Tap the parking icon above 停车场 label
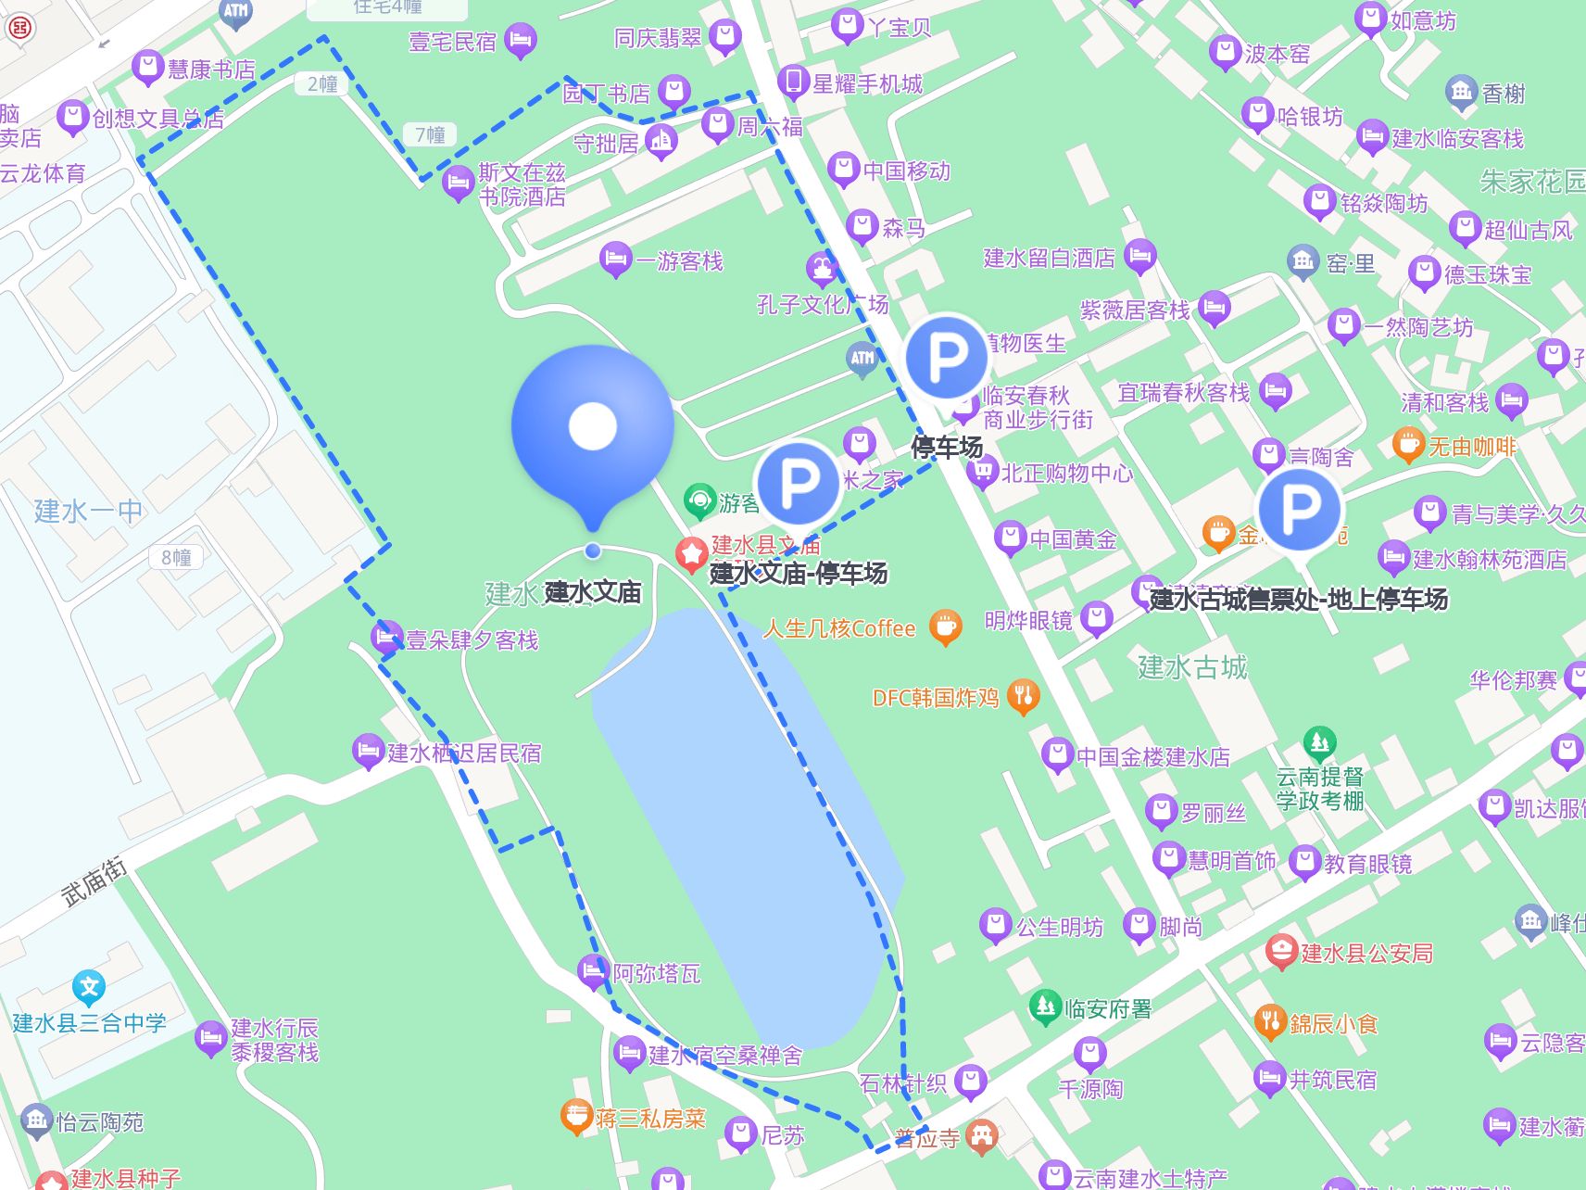(x=947, y=357)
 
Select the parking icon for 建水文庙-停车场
(x=799, y=483)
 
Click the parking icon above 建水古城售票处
(x=1299, y=509)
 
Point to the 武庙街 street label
(x=94, y=881)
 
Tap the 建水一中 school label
(x=88, y=511)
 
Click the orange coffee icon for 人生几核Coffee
(x=945, y=627)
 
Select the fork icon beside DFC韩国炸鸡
(x=1024, y=696)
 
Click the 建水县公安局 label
(x=1366, y=953)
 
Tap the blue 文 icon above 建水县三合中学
(x=89, y=987)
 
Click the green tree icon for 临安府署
(x=1045, y=1006)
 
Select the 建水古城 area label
(x=1192, y=666)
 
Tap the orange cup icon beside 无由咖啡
(x=1408, y=445)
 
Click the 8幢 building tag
(x=176, y=558)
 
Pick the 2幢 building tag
(x=322, y=84)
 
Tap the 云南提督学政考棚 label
(x=1320, y=789)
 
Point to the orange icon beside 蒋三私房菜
(x=576, y=1117)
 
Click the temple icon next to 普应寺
(x=982, y=1135)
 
